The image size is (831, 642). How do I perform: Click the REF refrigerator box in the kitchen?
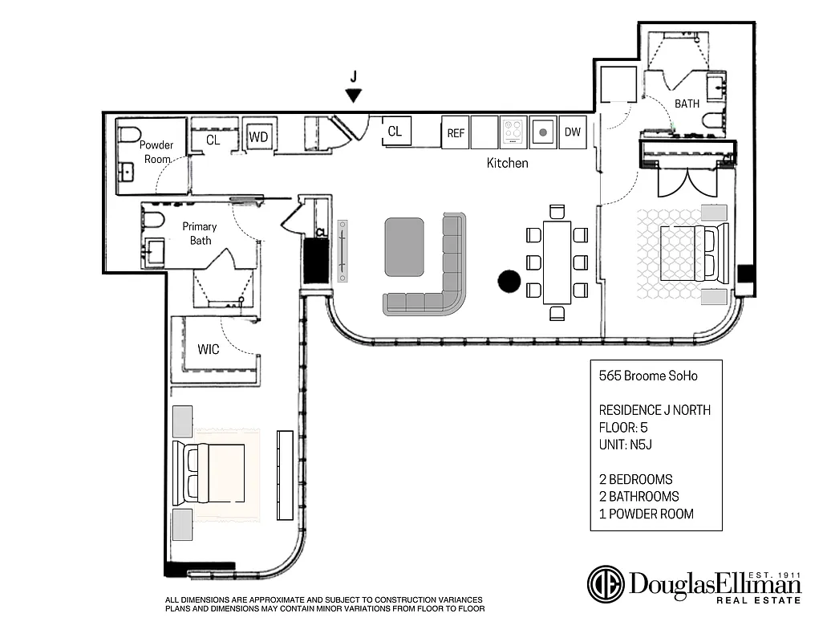point(455,132)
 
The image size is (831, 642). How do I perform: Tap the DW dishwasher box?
point(572,132)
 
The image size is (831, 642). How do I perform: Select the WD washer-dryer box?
point(257,137)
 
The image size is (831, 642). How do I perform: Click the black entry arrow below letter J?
point(353,95)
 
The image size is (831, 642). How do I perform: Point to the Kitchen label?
point(508,163)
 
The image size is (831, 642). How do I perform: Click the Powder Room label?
point(156,152)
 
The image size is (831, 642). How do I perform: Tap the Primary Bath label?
point(200,233)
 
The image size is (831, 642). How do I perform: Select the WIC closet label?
point(209,349)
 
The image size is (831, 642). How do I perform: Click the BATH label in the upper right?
point(687,104)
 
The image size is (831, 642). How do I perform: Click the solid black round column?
point(509,282)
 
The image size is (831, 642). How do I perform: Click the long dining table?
point(557,262)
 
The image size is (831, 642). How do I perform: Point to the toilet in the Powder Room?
point(129,134)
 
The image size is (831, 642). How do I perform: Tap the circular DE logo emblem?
point(606,584)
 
